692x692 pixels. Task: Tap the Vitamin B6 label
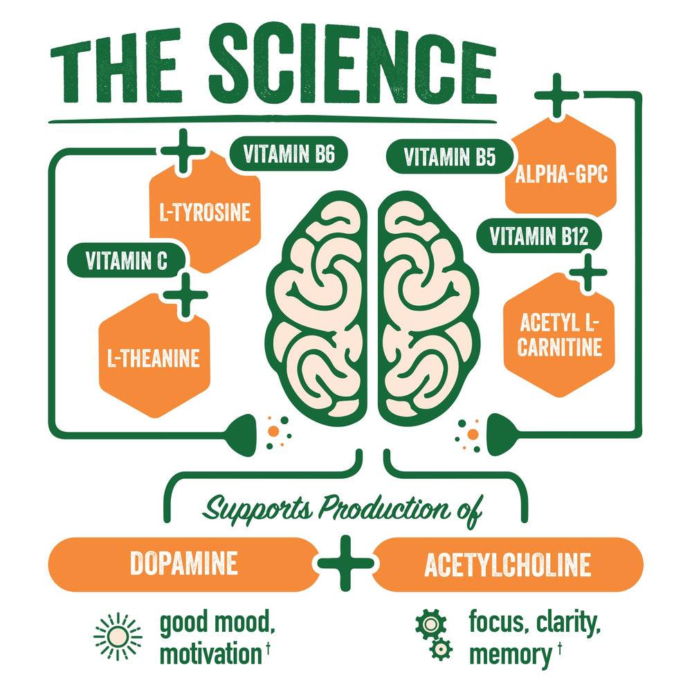coord(289,155)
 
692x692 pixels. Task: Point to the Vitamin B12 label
coord(538,237)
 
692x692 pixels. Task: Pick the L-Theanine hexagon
coord(153,357)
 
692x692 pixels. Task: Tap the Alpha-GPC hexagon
coord(561,174)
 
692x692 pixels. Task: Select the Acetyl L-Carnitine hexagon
coord(559,335)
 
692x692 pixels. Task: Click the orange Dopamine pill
coord(183,564)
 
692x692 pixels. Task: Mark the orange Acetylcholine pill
coord(507,565)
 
